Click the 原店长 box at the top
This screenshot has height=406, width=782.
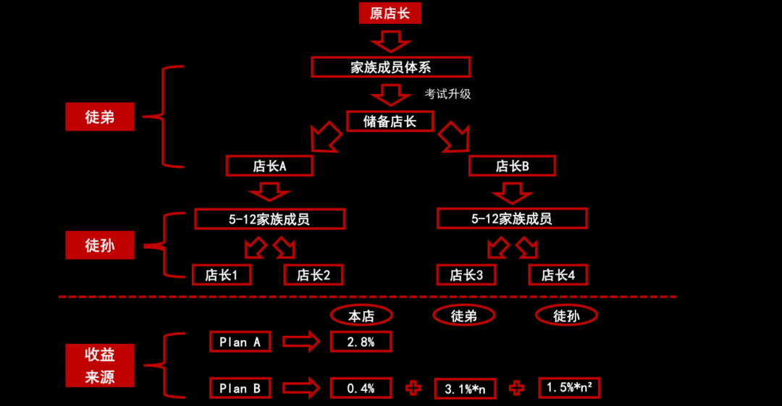tap(390, 13)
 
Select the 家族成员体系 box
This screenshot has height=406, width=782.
tap(390, 67)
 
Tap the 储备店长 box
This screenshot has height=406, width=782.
tap(390, 121)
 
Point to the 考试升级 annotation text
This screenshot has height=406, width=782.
tap(447, 94)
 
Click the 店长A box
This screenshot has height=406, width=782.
tap(269, 166)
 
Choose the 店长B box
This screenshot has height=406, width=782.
tap(512, 166)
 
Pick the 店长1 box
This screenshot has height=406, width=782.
tap(222, 275)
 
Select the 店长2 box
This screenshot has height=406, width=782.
tap(314, 275)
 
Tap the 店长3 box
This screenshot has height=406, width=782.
tap(466, 275)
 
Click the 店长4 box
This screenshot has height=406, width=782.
tap(558, 275)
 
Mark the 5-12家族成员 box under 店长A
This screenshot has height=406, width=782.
tap(269, 219)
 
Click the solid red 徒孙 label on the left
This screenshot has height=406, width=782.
tap(100, 246)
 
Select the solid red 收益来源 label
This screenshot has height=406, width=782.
tap(100, 365)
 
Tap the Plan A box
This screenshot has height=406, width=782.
tap(240, 342)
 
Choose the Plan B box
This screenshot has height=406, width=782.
tap(240, 389)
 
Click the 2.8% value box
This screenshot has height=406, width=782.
tap(361, 342)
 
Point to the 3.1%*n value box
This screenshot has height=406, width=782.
tap(464, 389)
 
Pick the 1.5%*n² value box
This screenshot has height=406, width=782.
tap(569, 388)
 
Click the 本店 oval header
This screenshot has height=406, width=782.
tap(361, 316)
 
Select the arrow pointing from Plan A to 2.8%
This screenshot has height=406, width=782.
tap(300, 342)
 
